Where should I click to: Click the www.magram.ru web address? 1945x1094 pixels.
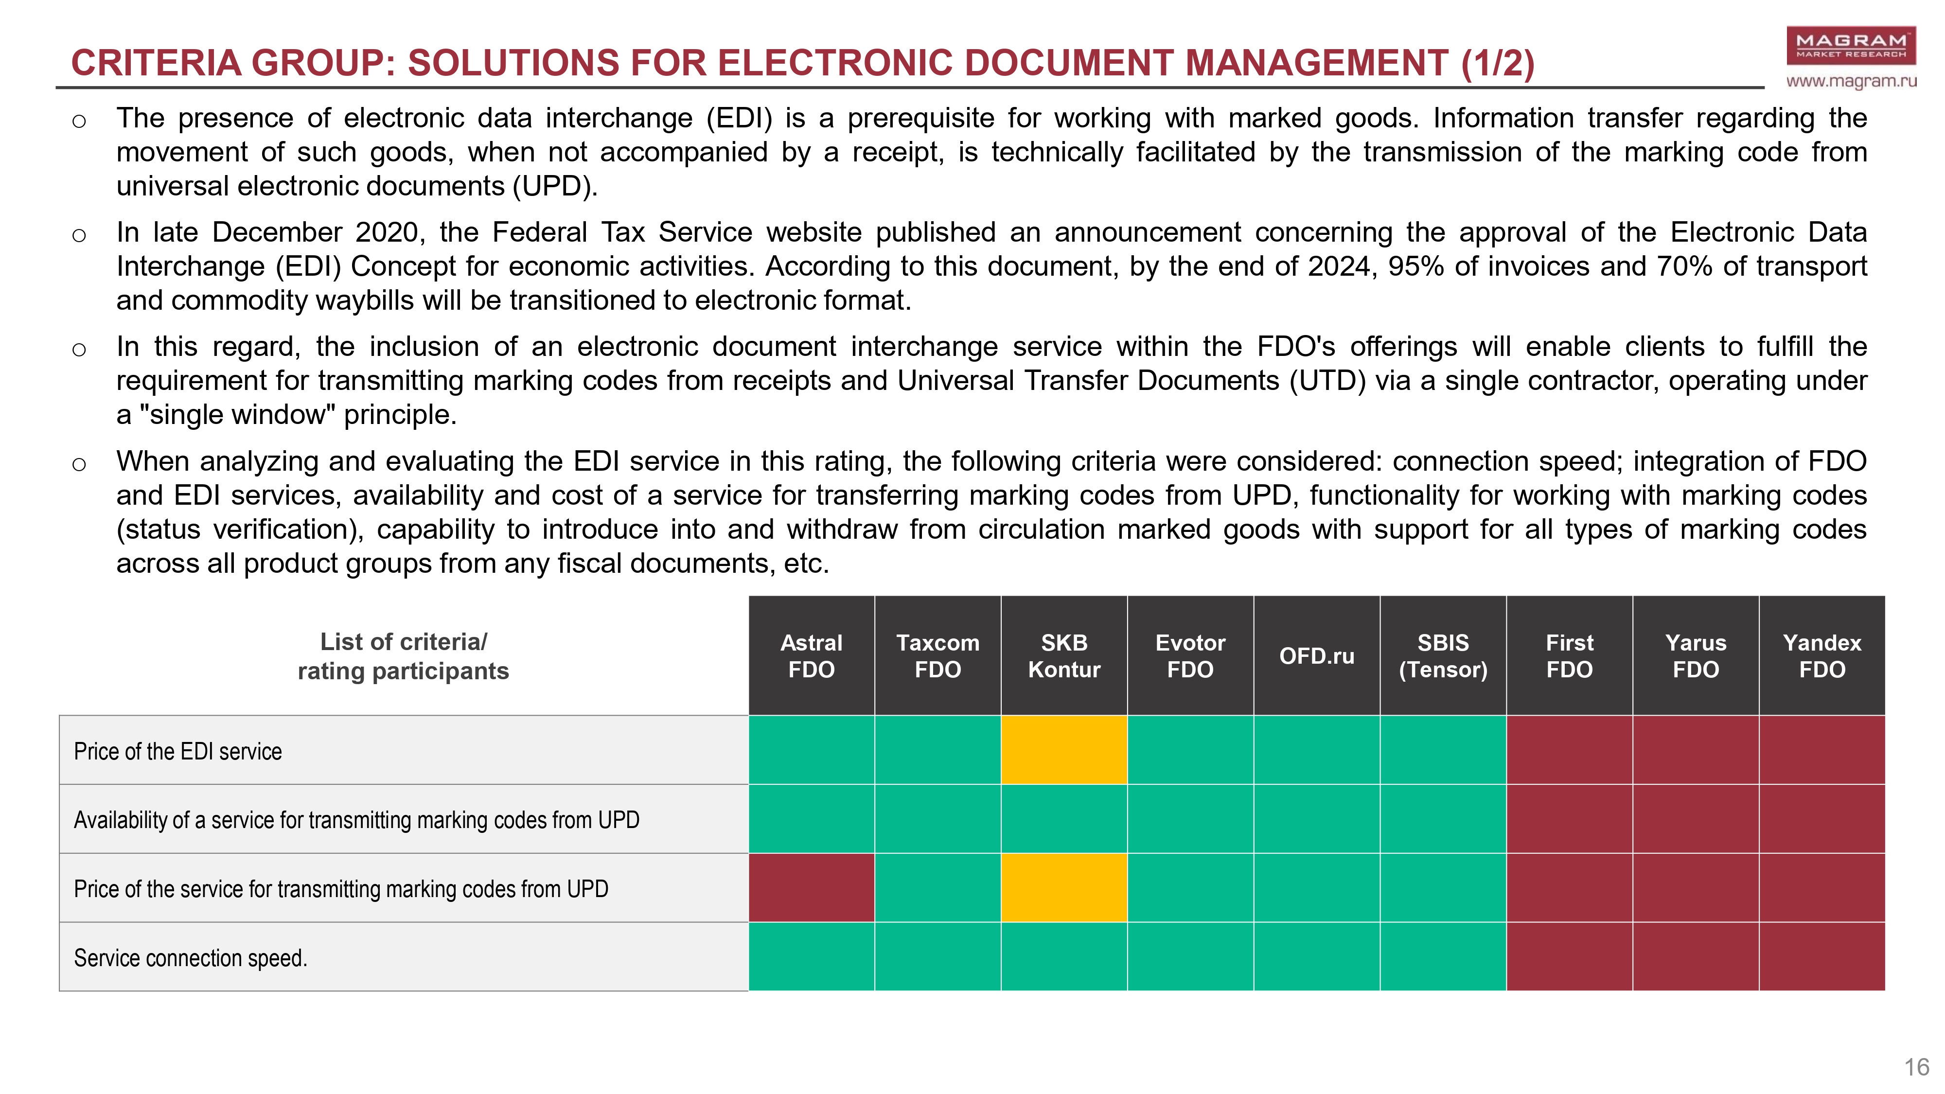1851,81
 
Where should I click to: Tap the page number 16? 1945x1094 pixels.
1916,1067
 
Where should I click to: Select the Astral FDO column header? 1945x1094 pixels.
811,655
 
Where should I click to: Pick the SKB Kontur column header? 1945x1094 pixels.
1064,655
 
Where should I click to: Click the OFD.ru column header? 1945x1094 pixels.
1317,655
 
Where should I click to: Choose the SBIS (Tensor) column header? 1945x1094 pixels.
1443,655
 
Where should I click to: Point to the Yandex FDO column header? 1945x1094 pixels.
1822,655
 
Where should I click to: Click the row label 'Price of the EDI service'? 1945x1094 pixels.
177,751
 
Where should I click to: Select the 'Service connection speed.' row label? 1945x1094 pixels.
190,958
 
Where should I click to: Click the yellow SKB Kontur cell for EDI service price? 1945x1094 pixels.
1064,750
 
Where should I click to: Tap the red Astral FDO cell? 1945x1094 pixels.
811,888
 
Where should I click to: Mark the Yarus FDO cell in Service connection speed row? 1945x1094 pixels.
1696,956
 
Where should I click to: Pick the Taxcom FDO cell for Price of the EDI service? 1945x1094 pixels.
938,750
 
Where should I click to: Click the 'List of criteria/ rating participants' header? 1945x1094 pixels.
403,656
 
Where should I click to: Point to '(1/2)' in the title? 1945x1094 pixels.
1497,63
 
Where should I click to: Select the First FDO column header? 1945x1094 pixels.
1569,655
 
